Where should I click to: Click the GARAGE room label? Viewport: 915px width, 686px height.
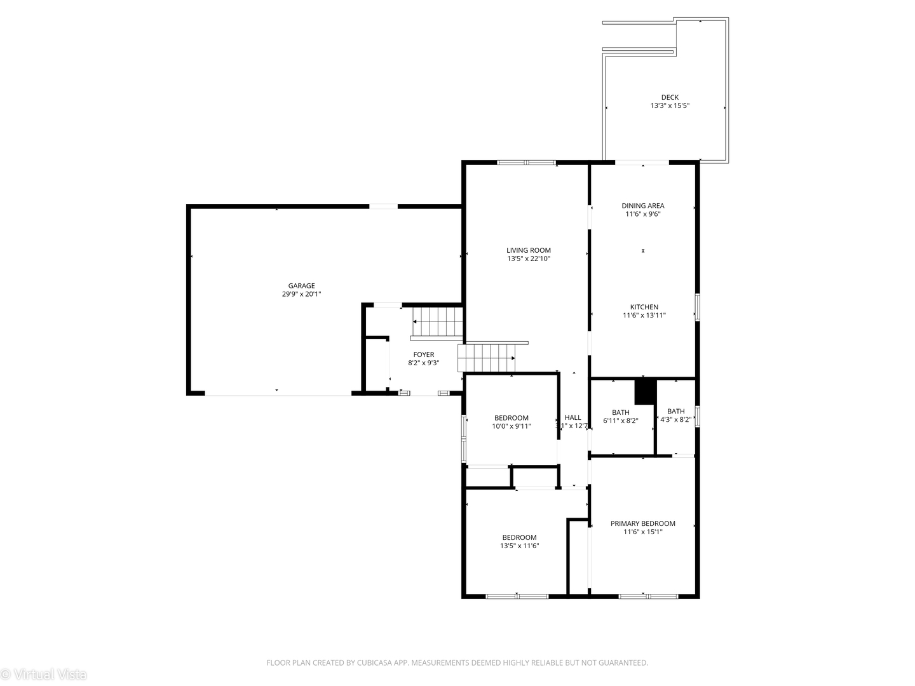pos(301,286)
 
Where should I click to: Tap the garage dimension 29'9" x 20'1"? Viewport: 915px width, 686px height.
pos(301,294)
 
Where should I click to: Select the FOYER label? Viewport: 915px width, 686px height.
pos(423,355)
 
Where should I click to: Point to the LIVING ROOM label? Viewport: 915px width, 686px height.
pos(528,250)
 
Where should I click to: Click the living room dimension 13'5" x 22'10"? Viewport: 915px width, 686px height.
pos(528,259)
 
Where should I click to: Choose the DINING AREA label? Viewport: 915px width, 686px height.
pos(642,206)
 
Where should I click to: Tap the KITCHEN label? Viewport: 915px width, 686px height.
pos(644,307)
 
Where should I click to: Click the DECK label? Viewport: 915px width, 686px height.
pos(669,97)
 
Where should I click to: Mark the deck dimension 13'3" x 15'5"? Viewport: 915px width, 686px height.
pos(669,106)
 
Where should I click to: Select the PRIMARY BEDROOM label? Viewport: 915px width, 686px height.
pos(642,523)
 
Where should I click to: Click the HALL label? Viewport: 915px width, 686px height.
pos(573,417)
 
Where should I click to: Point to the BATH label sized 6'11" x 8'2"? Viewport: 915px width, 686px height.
pos(620,412)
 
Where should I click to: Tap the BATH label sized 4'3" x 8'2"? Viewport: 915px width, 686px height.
pos(675,412)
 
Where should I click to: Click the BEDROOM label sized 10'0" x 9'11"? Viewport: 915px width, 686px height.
pos(511,418)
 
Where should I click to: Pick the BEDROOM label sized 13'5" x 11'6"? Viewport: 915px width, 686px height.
pos(519,537)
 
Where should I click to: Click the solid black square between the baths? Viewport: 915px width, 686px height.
pos(644,391)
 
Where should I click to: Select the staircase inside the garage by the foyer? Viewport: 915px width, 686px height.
pos(437,322)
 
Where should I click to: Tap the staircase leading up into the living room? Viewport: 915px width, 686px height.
pos(486,358)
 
